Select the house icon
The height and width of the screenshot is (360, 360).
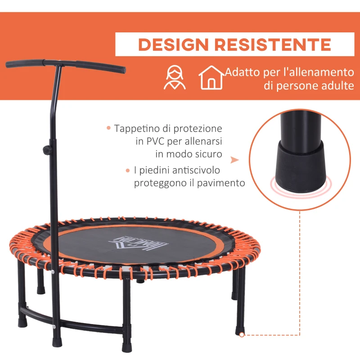click(x=211, y=77)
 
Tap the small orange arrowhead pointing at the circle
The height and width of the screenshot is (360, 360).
click(x=233, y=160)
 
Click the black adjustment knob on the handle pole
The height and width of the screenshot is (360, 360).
click(x=45, y=149)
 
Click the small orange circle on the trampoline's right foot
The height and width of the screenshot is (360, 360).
click(x=242, y=334)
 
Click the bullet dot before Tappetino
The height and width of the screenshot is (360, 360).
click(x=108, y=128)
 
